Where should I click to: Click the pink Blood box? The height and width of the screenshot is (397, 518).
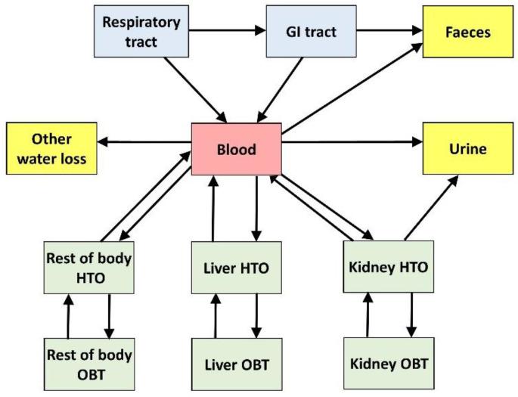(x=237, y=148)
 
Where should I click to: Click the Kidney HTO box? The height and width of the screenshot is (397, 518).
(x=390, y=266)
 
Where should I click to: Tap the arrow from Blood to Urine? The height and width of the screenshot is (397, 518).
(x=352, y=141)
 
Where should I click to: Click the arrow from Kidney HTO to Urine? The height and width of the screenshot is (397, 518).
(x=431, y=208)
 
